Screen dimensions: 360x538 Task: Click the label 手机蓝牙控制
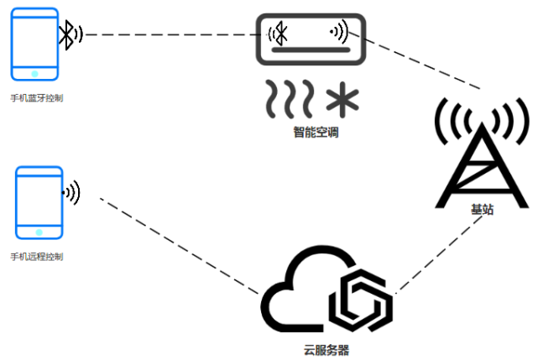[36, 98]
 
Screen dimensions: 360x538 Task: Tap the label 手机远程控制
[36, 256]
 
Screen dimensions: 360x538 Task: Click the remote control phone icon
[39, 202]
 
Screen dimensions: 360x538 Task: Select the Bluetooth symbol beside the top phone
[70, 34]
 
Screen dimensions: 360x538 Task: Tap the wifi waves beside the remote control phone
[73, 192]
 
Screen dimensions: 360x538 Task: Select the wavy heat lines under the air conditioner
[290, 98]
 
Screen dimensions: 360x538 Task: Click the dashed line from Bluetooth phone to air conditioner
[168, 35]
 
